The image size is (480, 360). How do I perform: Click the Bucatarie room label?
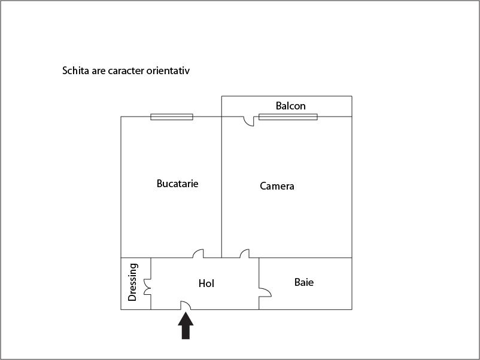click(x=177, y=184)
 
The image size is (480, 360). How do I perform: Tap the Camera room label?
click(x=277, y=186)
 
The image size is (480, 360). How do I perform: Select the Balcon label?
click(x=290, y=106)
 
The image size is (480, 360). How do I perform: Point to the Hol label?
click(x=206, y=283)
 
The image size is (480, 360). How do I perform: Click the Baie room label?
click(x=304, y=282)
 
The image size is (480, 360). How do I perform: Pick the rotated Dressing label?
click(x=132, y=282)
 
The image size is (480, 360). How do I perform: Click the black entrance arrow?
click(x=186, y=325)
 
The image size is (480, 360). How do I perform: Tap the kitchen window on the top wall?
click(x=172, y=117)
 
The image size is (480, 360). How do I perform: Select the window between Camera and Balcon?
click(x=288, y=117)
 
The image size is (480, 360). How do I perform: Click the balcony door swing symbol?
click(x=248, y=121)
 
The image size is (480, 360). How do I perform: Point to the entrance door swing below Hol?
click(x=186, y=305)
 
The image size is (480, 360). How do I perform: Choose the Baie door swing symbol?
click(x=265, y=292)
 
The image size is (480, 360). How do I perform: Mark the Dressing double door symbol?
click(x=147, y=287)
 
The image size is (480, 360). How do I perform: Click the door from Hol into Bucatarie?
click(x=198, y=253)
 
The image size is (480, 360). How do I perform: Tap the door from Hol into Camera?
click(x=245, y=253)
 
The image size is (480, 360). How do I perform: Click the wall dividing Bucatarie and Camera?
click(x=221, y=187)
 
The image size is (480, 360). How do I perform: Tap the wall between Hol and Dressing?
click(x=151, y=283)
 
